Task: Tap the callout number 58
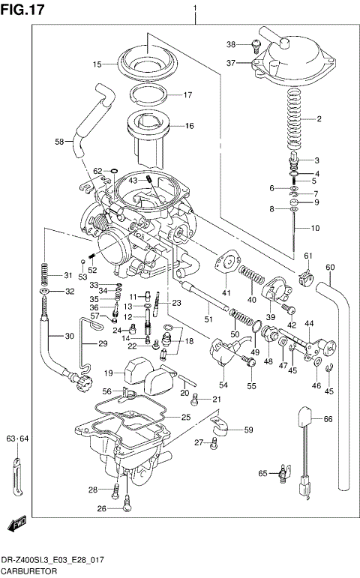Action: point(58,141)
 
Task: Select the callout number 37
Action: point(232,63)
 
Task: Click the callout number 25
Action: point(186,417)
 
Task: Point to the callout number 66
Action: point(327,420)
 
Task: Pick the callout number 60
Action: point(330,268)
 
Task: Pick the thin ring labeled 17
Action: point(148,94)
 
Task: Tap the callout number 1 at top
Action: point(196,8)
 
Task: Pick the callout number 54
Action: point(223,385)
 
